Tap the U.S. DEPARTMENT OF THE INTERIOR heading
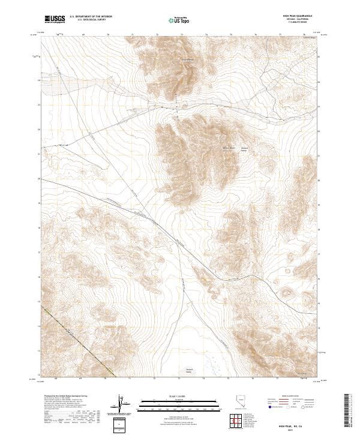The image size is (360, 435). tap(91, 17)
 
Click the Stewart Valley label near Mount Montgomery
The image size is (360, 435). tap(244, 149)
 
